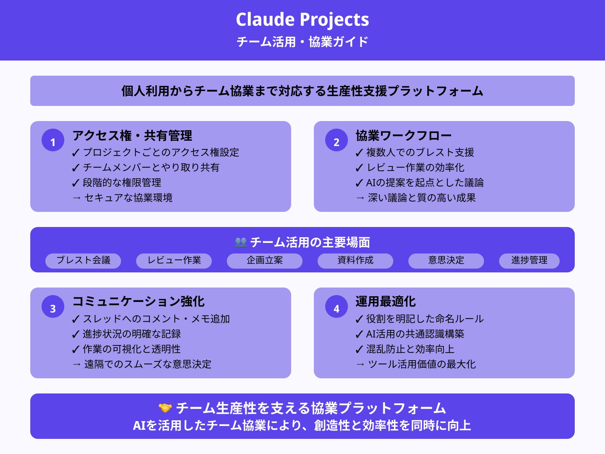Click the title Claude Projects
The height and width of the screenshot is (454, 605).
click(302, 20)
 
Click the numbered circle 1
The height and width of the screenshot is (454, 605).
click(53, 140)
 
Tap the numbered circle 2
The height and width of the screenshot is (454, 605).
click(337, 140)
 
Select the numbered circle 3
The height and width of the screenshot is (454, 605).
click(53, 307)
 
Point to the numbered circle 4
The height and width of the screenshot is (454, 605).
click(337, 307)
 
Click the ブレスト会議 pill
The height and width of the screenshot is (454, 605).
click(83, 261)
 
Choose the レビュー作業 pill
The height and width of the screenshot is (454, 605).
click(174, 261)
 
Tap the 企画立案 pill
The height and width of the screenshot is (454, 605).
click(265, 261)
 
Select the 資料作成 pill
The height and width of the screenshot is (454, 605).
click(355, 261)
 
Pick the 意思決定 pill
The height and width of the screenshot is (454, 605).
click(446, 261)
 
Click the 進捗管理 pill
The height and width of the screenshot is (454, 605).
click(529, 261)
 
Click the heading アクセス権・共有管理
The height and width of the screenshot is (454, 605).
click(132, 136)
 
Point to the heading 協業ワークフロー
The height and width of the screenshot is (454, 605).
click(403, 136)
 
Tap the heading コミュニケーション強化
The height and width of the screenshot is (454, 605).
click(138, 302)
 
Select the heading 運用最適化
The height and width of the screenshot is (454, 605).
click(385, 302)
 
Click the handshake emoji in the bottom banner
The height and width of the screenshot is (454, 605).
click(165, 408)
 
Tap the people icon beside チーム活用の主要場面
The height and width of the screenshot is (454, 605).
click(240, 243)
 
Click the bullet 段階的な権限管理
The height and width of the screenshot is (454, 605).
click(122, 183)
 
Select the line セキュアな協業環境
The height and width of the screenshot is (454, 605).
click(128, 198)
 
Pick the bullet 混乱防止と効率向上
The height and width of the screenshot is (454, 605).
click(410, 349)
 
